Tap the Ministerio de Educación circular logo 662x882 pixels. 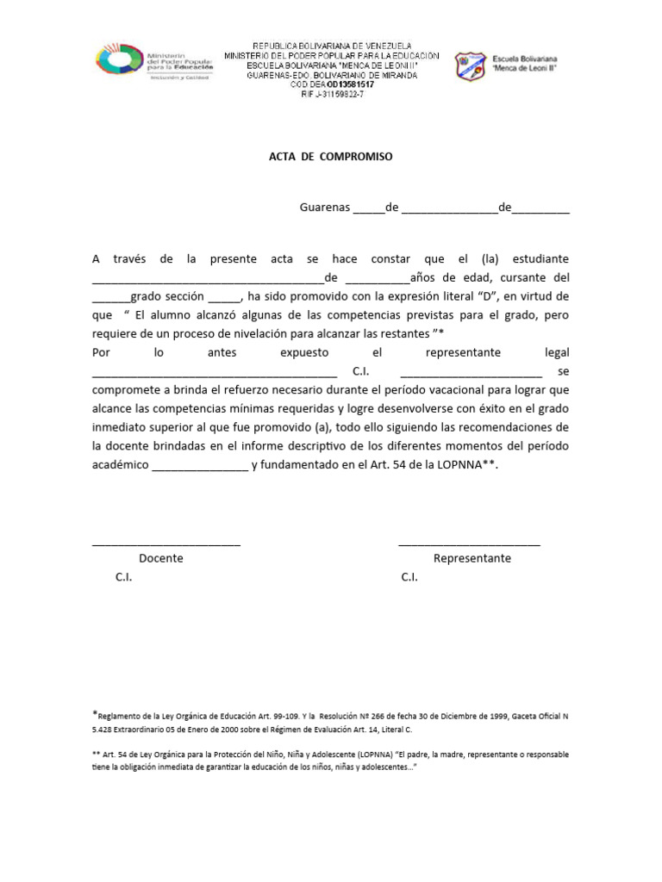coord(120,62)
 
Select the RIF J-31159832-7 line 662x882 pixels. coord(331,95)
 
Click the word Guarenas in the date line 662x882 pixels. coord(325,208)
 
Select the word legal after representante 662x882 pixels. coord(557,353)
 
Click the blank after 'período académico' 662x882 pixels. coord(199,465)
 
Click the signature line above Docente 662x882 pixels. coord(165,543)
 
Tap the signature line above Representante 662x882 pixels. coord(470,543)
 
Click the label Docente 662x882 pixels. coord(161,558)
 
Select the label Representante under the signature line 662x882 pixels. coord(472,558)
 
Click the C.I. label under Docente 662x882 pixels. coord(124,577)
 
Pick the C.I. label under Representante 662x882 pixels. coord(409,577)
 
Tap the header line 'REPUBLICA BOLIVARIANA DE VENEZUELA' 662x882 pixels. coord(331,45)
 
